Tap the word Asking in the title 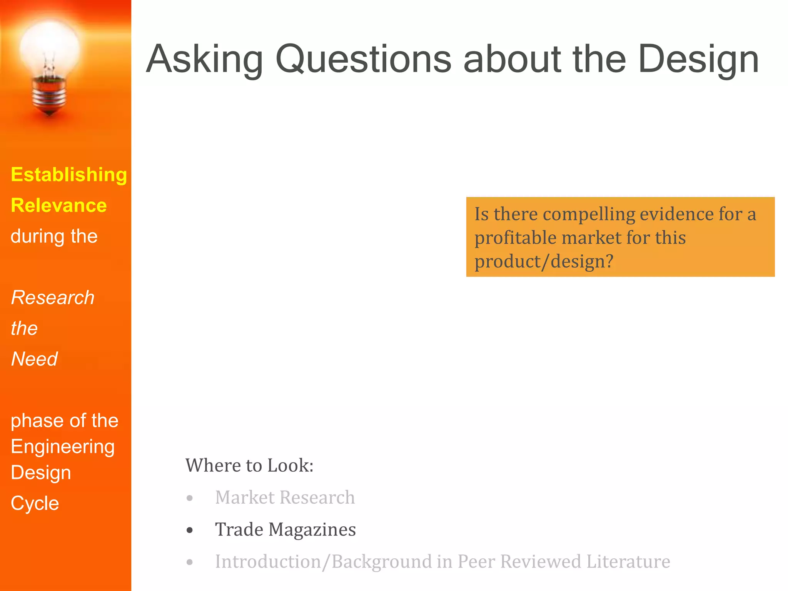[x=204, y=60]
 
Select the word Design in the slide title [x=698, y=60]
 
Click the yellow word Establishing [x=69, y=175]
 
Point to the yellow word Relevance [x=59, y=205]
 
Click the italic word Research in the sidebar [x=53, y=298]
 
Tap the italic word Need [x=34, y=359]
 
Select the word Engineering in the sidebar [x=63, y=447]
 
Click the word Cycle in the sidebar [x=35, y=503]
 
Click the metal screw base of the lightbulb [x=49, y=96]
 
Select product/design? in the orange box [x=544, y=262]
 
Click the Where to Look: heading [x=249, y=466]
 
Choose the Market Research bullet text [x=285, y=498]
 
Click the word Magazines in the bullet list [x=312, y=530]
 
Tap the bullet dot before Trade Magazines [x=190, y=531]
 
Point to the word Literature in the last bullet [x=628, y=562]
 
